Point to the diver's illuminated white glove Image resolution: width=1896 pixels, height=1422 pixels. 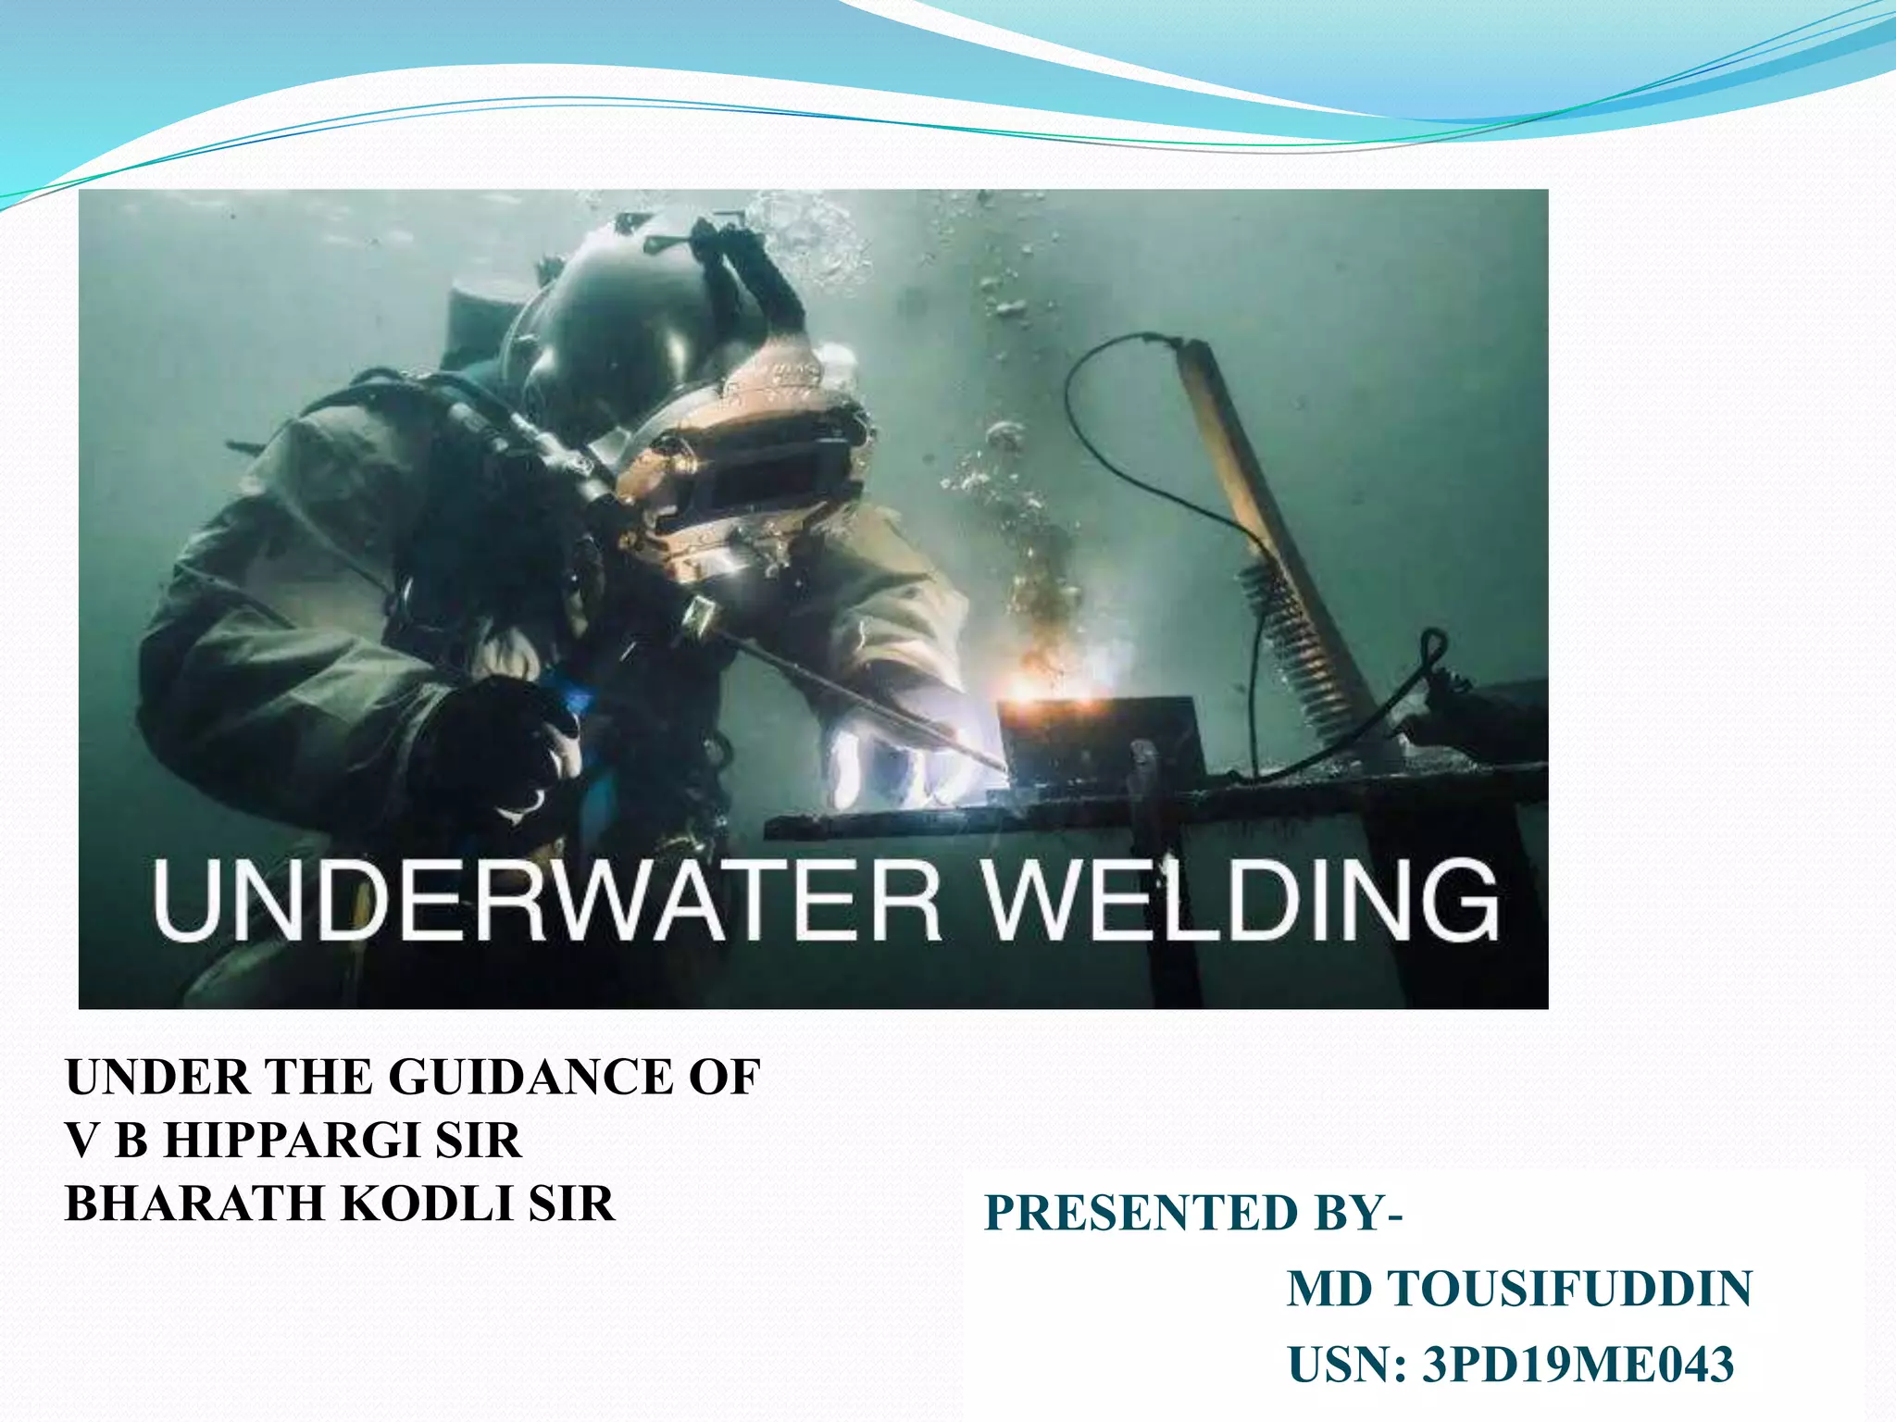click(889, 750)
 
